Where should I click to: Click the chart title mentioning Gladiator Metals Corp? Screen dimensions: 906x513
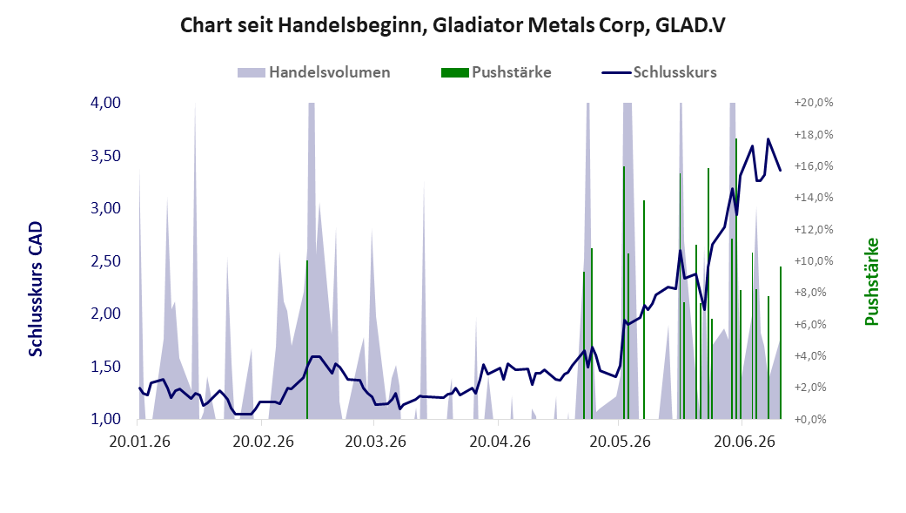pyautogui.click(x=453, y=25)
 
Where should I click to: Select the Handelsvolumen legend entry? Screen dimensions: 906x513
pyautogui.click(x=313, y=72)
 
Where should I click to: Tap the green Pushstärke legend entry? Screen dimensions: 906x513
pyautogui.click(x=496, y=72)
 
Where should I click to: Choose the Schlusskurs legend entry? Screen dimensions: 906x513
pyautogui.click(x=660, y=72)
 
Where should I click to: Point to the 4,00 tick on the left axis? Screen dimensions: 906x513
pyautogui.click(x=105, y=103)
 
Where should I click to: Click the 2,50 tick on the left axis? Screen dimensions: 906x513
pyautogui.click(x=105, y=260)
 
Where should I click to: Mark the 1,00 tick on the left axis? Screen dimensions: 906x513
pyautogui.click(x=105, y=419)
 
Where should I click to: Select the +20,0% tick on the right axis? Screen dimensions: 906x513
pyautogui.click(x=814, y=103)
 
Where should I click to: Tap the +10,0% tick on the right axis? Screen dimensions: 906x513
pyautogui.click(x=814, y=260)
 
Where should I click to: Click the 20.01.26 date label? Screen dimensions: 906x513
pyautogui.click(x=140, y=442)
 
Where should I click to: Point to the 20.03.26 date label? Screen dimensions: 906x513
pyautogui.click(x=376, y=442)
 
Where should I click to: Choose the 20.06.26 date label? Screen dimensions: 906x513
pyautogui.click(x=745, y=442)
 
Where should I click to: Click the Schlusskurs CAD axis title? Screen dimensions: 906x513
pyautogui.click(x=36, y=289)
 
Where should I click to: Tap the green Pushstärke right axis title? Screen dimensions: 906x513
pyautogui.click(x=871, y=281)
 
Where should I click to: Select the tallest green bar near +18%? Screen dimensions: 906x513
pyautogui.click(x=736, y=278)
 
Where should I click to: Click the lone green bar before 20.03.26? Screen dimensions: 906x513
pyautogui.click(x=307, y=340)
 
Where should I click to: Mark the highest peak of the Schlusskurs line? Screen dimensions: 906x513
pyautogui.click(x=768, y=138)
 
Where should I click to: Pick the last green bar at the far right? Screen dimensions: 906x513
pyautogui.click(x=781, y=342)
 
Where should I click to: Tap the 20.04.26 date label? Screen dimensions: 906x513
pyautogui.click(x=500, y=442)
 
